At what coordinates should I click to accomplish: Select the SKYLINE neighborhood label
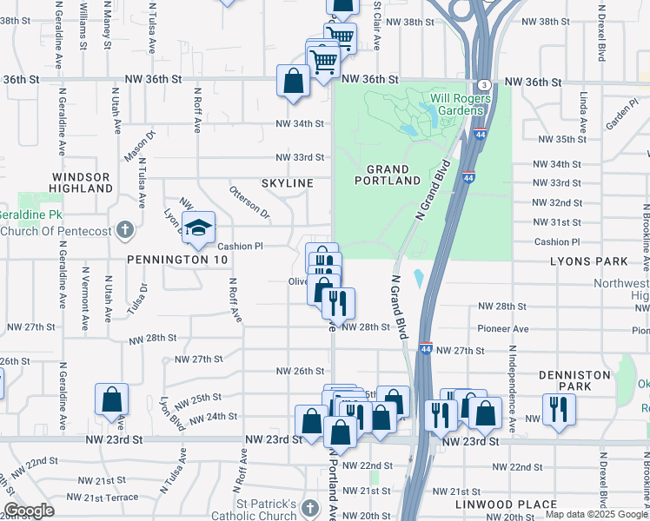coord(287,184)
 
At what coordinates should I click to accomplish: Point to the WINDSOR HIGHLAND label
coord(80,181)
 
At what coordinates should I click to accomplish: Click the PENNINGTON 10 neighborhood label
coord(177,260)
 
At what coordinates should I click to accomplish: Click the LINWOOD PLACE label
coord(506,505)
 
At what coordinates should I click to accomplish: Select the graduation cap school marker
coord(199,228)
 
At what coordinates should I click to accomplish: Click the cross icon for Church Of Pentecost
coord(125,230)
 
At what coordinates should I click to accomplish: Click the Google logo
coord(29,511)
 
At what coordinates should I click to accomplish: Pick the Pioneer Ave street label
coord(503,329)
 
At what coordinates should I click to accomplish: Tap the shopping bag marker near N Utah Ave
coord(112,400)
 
